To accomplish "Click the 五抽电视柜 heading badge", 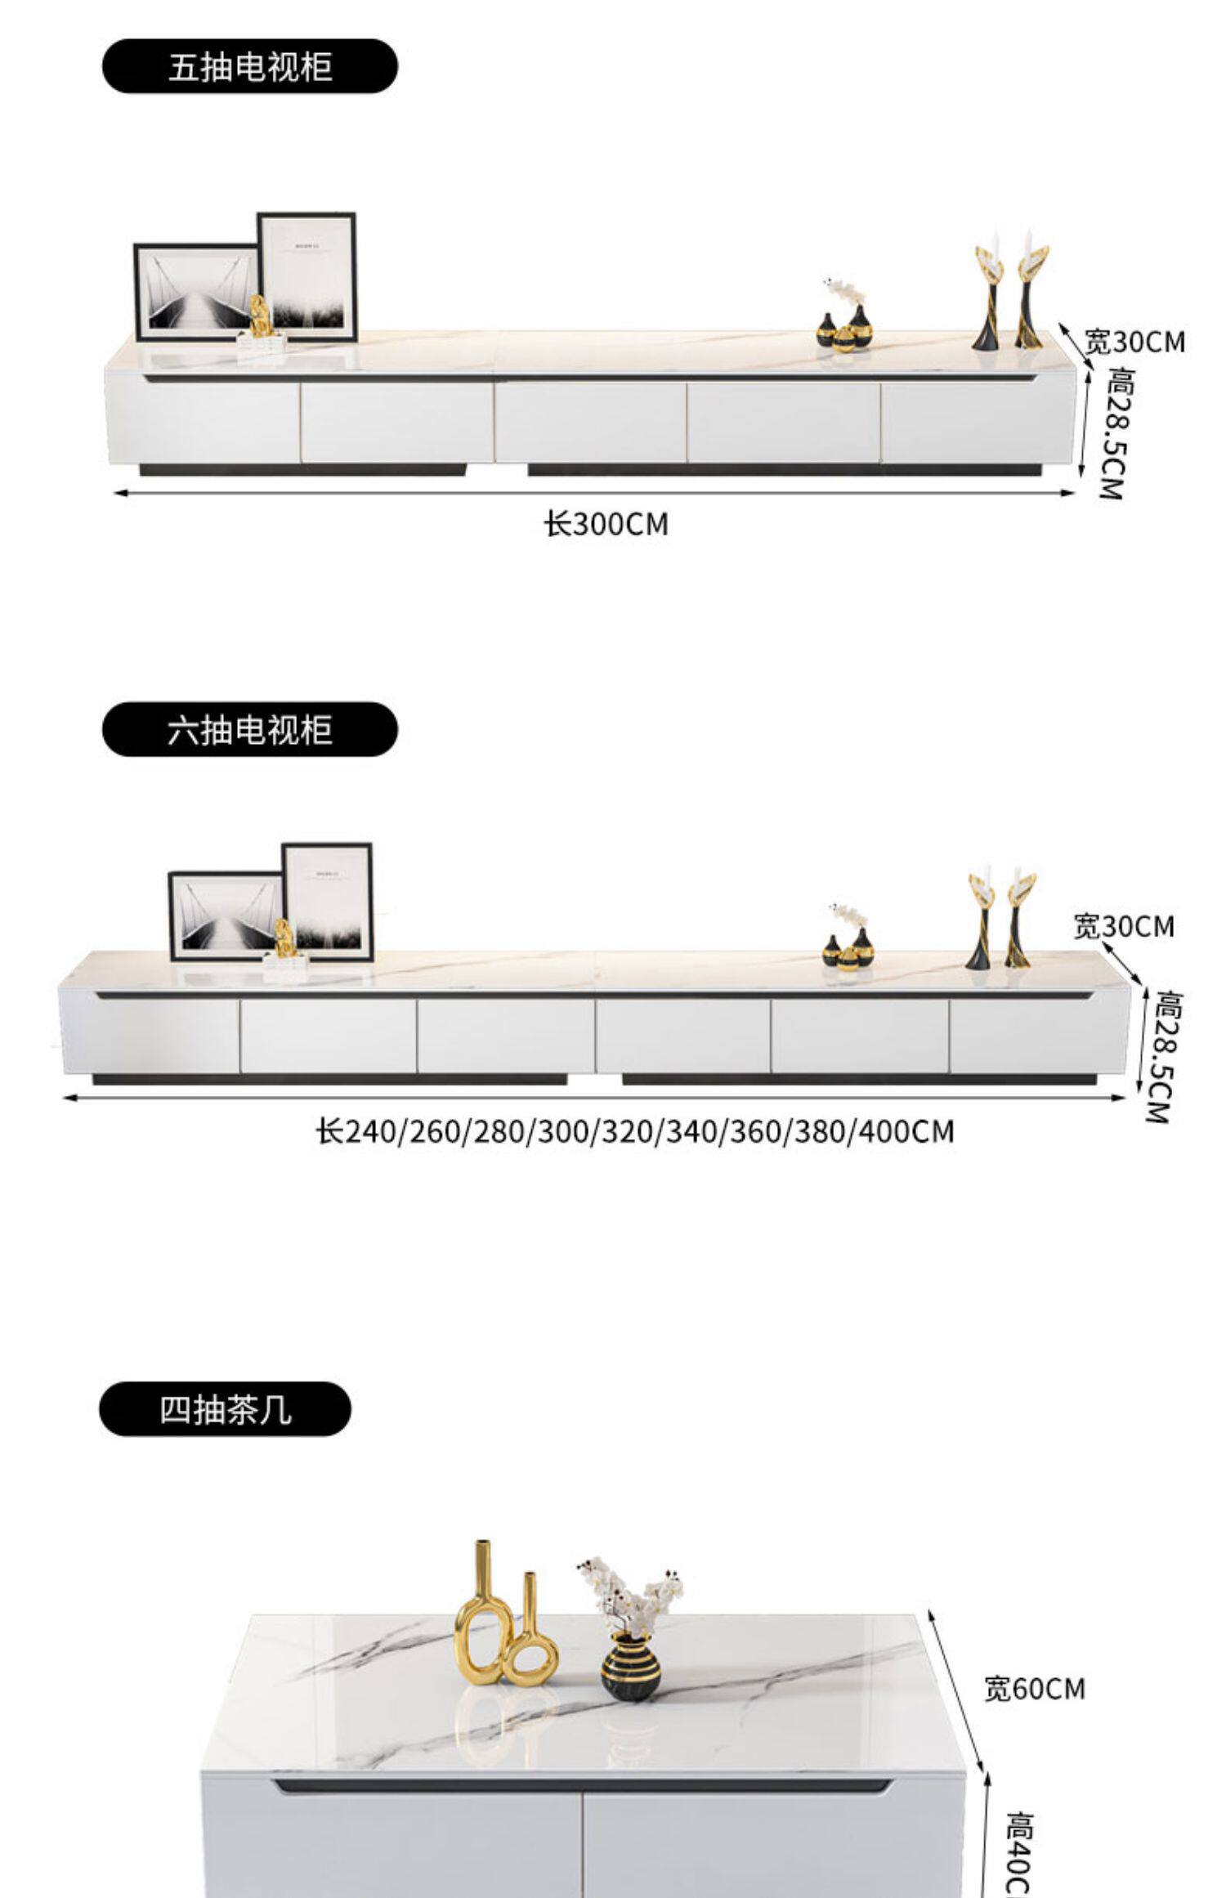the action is click(x=249, y=66).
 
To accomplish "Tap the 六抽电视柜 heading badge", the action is click(x=249, y=729).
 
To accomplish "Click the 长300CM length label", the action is click(x=606, y=524).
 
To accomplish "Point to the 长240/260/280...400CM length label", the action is click(x=635, y=1132).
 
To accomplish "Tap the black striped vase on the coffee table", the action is click(x=632, y=1666).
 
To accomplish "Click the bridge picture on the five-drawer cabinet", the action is click(x=196, y=293).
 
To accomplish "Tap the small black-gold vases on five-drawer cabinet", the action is click(x=844, y=329).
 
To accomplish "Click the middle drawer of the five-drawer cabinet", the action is click(x=590, y=422).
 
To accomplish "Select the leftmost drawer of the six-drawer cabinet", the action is click(x=150, y=1035).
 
